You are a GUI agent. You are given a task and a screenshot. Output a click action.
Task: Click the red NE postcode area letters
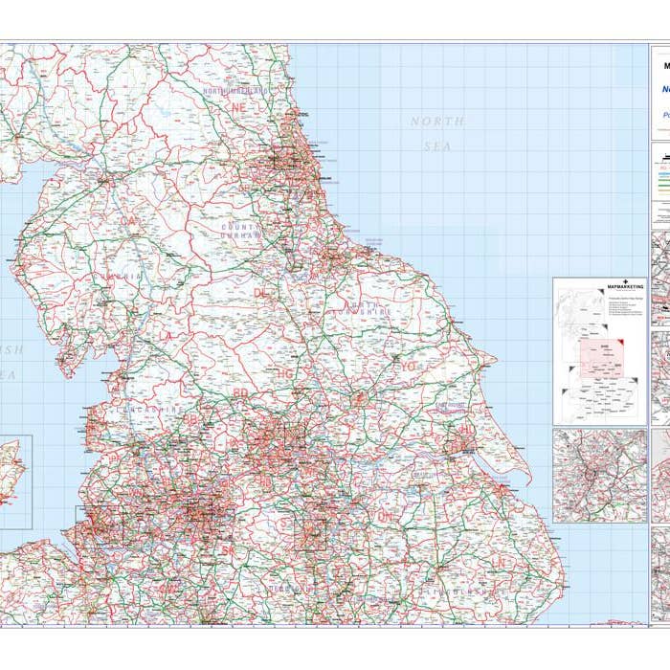[238, 108]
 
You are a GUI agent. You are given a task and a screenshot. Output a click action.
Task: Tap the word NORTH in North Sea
[437, 122]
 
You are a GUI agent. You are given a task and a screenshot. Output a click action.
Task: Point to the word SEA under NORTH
[437, 146]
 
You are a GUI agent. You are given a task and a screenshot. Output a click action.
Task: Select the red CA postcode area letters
[129, 221]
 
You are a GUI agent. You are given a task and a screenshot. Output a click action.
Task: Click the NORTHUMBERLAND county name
[234, 91]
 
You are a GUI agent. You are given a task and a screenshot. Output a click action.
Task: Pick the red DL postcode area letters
[260, 293]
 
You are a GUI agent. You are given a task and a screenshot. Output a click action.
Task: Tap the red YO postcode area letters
[409, 366]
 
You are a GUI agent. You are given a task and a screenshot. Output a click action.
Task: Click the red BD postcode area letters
[240, 392]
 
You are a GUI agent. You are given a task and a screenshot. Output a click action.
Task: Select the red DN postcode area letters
[386, 516]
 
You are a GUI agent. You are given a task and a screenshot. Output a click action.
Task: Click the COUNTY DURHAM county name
[240, 231]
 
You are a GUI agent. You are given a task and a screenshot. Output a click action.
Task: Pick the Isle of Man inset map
[15, 481]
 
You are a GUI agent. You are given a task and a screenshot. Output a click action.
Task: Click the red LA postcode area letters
[167, 335]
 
